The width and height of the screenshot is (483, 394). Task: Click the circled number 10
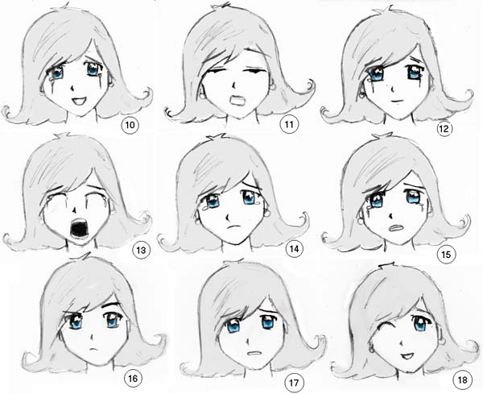(x=130, y=125)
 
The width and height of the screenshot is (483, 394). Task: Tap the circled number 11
(x=289, y=124)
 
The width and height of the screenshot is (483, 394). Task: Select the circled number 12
(x=444, y=129)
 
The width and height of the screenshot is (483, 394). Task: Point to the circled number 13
(x=141, y=250)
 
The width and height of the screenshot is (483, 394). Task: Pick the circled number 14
(x=295, y=249)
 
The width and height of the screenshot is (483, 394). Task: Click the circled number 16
(x=133, y=378)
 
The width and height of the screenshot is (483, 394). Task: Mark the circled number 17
(x=293, y=383)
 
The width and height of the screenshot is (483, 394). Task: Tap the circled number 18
(x=463, y=379)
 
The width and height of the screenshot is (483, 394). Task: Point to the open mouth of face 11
(x=237, y=101)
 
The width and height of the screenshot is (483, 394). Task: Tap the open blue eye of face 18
(x=420, y=324)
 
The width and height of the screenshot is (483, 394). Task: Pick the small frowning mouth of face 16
(x=93, y=350)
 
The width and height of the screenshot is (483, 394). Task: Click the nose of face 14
(x=228, y=218)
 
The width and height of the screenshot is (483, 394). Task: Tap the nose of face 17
(x=248, y=342)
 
